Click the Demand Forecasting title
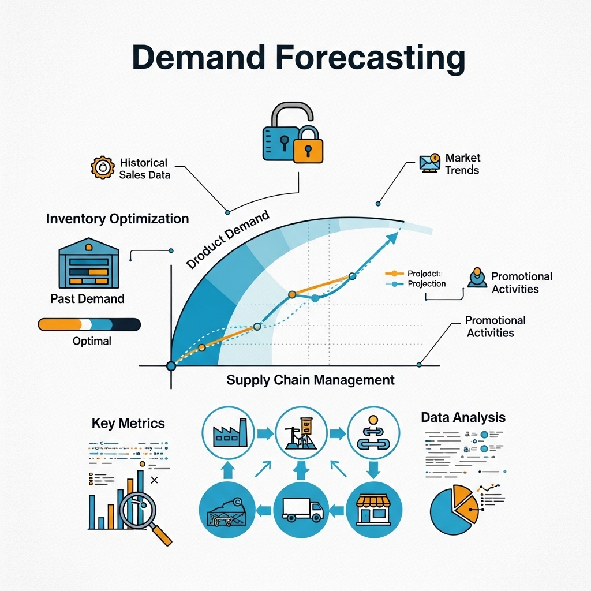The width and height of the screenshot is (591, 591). (298, 58)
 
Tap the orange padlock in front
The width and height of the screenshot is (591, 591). (308, 145)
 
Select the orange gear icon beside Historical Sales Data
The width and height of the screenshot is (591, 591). (103, 167)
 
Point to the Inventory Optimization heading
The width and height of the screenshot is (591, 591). (117, 219)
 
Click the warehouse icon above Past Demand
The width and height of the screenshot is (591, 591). (88, 265)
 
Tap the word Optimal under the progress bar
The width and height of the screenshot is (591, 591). (92, 341)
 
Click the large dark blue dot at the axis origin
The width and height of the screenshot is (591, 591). (171, 366)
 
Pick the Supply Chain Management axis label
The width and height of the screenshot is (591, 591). (311, 380)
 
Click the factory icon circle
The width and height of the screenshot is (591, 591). (227, 433)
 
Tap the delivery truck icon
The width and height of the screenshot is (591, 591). (301, 508)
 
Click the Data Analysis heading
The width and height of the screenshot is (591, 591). (463, 417)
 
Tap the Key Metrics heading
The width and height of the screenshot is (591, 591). (128, 423)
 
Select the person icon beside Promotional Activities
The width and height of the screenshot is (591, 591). (477, 278)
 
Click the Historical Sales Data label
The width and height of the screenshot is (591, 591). (144, 169)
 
